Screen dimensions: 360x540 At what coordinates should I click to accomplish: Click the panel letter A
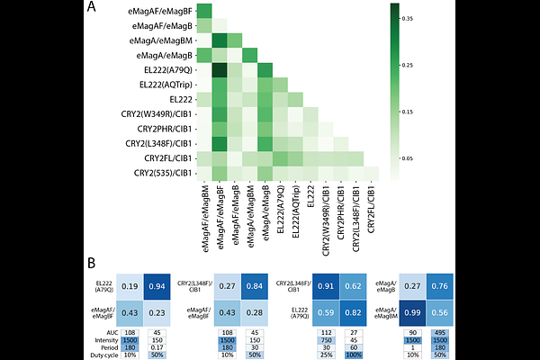[94, 8]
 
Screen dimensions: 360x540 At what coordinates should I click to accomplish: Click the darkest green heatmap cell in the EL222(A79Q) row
[217, 69]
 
